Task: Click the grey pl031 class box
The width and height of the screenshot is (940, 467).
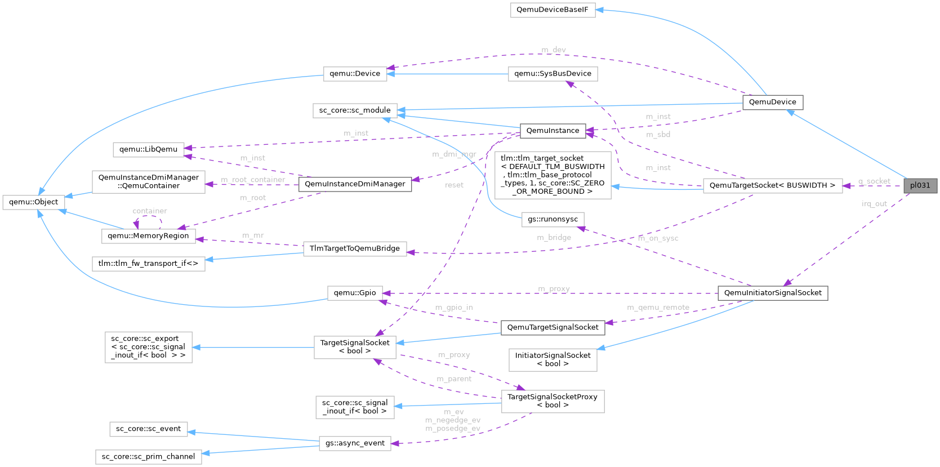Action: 920,185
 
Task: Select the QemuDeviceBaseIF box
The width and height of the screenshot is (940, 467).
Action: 553,10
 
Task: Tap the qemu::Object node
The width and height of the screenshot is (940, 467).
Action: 34,202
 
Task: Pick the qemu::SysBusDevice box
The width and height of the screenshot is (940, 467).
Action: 553,74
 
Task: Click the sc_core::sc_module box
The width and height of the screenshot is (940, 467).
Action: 355,110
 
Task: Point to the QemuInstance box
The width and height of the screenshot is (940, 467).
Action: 553,131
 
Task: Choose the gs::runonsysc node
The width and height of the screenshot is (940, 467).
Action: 553,219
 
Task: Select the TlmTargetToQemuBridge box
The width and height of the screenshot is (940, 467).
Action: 355,248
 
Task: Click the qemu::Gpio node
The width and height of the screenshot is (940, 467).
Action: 355,293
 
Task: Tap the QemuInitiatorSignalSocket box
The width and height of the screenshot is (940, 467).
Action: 773,293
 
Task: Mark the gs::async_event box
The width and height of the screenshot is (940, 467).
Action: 355,443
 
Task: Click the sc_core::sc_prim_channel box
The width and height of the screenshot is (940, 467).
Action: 148,457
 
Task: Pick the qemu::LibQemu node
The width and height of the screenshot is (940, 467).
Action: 148,150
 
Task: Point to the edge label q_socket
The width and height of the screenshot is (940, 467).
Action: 874,181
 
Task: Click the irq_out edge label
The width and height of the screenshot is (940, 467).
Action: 874,204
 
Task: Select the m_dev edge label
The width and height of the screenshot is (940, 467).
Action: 554,50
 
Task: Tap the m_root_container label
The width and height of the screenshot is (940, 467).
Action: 253,180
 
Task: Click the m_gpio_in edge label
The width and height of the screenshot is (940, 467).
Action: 454,308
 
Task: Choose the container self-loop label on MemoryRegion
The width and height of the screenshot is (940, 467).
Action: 150,211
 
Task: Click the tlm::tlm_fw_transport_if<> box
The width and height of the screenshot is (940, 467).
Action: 148,264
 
